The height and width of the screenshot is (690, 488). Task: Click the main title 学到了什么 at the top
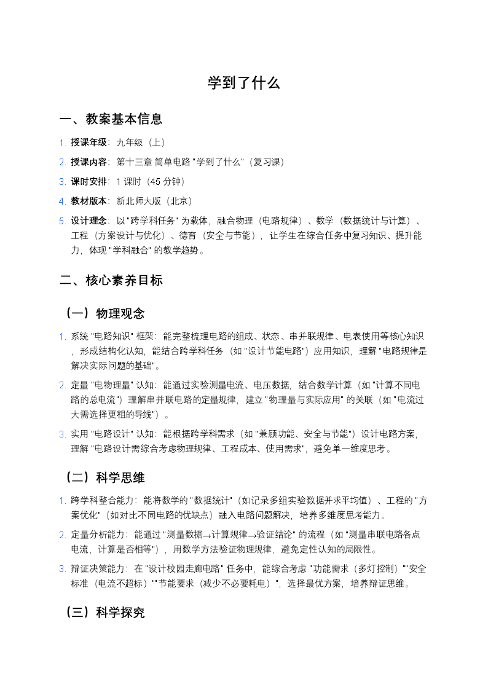[x=243, y=84]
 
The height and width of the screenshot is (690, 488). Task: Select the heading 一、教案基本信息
[x=111, y=119]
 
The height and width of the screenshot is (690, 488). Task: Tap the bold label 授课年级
[x=89, y=143]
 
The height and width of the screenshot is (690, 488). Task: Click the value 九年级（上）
[x=141, y=143]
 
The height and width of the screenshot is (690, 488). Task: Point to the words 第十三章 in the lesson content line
[x=134, y=162]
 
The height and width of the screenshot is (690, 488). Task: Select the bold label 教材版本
[x=89, y=201]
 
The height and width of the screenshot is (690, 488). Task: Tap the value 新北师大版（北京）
[x=154, y=201]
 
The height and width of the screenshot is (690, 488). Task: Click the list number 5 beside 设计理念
[x=62, y=221]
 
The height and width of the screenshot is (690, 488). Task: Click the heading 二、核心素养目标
[x=111, y=281]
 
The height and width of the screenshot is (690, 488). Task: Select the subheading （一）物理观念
[x=104, y=314]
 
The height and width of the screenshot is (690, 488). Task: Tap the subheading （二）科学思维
[x=104, y=477]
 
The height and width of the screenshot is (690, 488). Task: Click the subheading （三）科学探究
[x=104, y=613]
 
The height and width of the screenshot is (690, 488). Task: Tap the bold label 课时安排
[x=89, y=182]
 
